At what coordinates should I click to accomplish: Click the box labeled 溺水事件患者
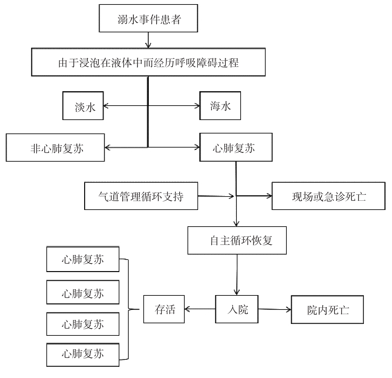click(x=148, y=18)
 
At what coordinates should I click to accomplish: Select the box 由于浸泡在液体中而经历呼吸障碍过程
click(x=148, y=62)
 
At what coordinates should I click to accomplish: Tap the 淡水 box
click(x=83, y=106)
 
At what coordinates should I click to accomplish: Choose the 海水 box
click(x=220, y=106)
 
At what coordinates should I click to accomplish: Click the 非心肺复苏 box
click(x=55, y=148)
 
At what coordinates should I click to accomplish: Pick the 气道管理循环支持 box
click(x=141, y=196)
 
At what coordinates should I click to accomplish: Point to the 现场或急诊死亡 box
click(x=329, y=196)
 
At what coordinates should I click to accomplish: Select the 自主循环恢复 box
click(x=237, y=240)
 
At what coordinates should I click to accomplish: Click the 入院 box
click(x=237, y=309)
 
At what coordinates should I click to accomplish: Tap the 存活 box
click(x=164, y=309)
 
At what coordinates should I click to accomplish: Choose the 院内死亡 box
click(x=327, y=310)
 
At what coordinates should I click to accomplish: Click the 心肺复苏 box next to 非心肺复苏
click(x=236, y=147)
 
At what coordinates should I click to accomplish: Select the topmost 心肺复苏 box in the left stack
click(x=83, y=259)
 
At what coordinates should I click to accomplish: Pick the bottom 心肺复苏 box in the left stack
click(x=83, y=355)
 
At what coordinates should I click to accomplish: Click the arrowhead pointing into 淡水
click(x=106, y=106)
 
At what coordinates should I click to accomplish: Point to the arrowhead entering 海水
click(x=197, y=106)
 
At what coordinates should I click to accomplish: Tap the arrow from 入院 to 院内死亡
click(x=275, y=309)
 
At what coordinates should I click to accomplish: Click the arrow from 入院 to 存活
click(x=200, y=309)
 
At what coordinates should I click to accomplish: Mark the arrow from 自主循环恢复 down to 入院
click(x=237, y=275)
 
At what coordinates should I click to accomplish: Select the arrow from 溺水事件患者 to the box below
click(x=148, y=40)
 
